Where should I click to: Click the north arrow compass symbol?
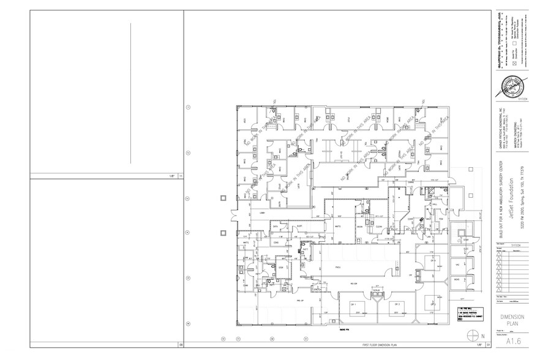(x=473, y=334)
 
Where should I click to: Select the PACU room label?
(x=337, y=267)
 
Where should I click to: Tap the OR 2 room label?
(x=397, y=304)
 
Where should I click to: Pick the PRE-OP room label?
(x=300, y=301)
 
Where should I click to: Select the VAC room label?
(x=457, y=263)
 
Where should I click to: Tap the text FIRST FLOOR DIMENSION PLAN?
(x=380, y=345)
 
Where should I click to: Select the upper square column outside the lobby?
(x=224, y=197)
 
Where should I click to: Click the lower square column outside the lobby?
(x=224, y=231)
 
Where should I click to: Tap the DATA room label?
(x=276, y=226)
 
